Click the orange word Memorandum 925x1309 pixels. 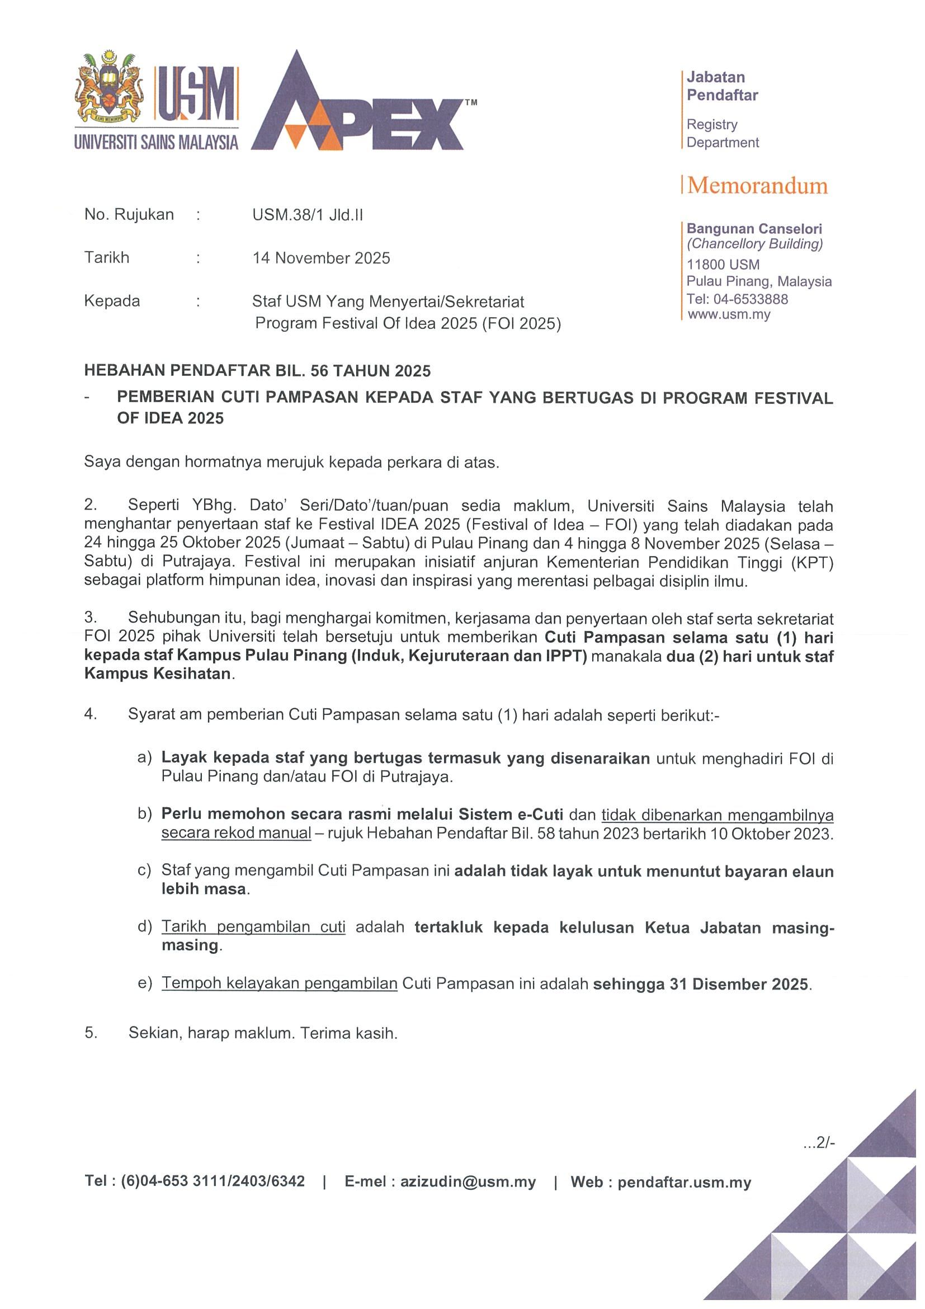tap(757, 186)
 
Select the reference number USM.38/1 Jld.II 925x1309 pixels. tap(308, 215)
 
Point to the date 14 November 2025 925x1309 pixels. tap(322, 258)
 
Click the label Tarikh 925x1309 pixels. tap(107, 258)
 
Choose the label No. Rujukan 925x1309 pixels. tap(129, 214)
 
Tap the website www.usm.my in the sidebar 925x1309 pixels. tap(729, 314)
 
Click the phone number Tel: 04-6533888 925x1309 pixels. tap(737, 299)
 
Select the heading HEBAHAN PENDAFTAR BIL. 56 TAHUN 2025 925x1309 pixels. tap(257, 370)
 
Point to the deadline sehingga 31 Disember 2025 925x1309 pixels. tap(700, 984)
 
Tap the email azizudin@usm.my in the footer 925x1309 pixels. tap(468, 1182)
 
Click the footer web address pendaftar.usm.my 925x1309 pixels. tap(684, 1183)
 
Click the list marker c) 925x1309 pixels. tap(144, 870)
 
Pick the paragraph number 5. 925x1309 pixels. tap(91, 1033)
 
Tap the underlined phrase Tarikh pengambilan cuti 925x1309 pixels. tap(253, 927)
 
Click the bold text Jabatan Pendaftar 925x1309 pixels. tap(722, 86)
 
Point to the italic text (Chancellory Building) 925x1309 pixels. tap(754, 244)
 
